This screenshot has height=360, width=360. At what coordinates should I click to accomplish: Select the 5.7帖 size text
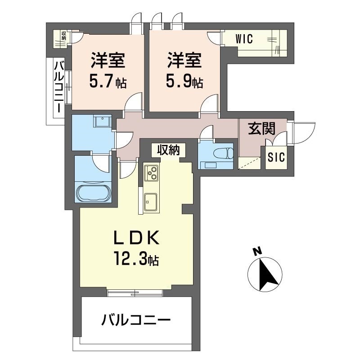pos(108,82)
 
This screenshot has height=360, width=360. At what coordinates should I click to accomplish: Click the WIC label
pos(244,40)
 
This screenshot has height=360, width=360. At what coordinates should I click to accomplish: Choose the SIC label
pos(276,157)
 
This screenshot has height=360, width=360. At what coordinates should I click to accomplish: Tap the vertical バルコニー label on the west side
pos(58,88)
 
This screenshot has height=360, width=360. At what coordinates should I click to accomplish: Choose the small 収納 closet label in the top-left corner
pos(63,35)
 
